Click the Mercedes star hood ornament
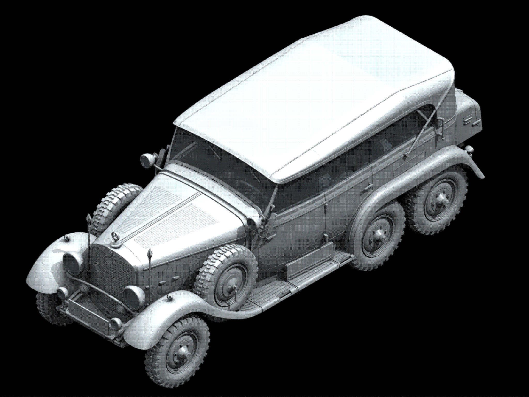tap(115, 236)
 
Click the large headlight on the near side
tap(133, 295)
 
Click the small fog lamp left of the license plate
tap(62, 292)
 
